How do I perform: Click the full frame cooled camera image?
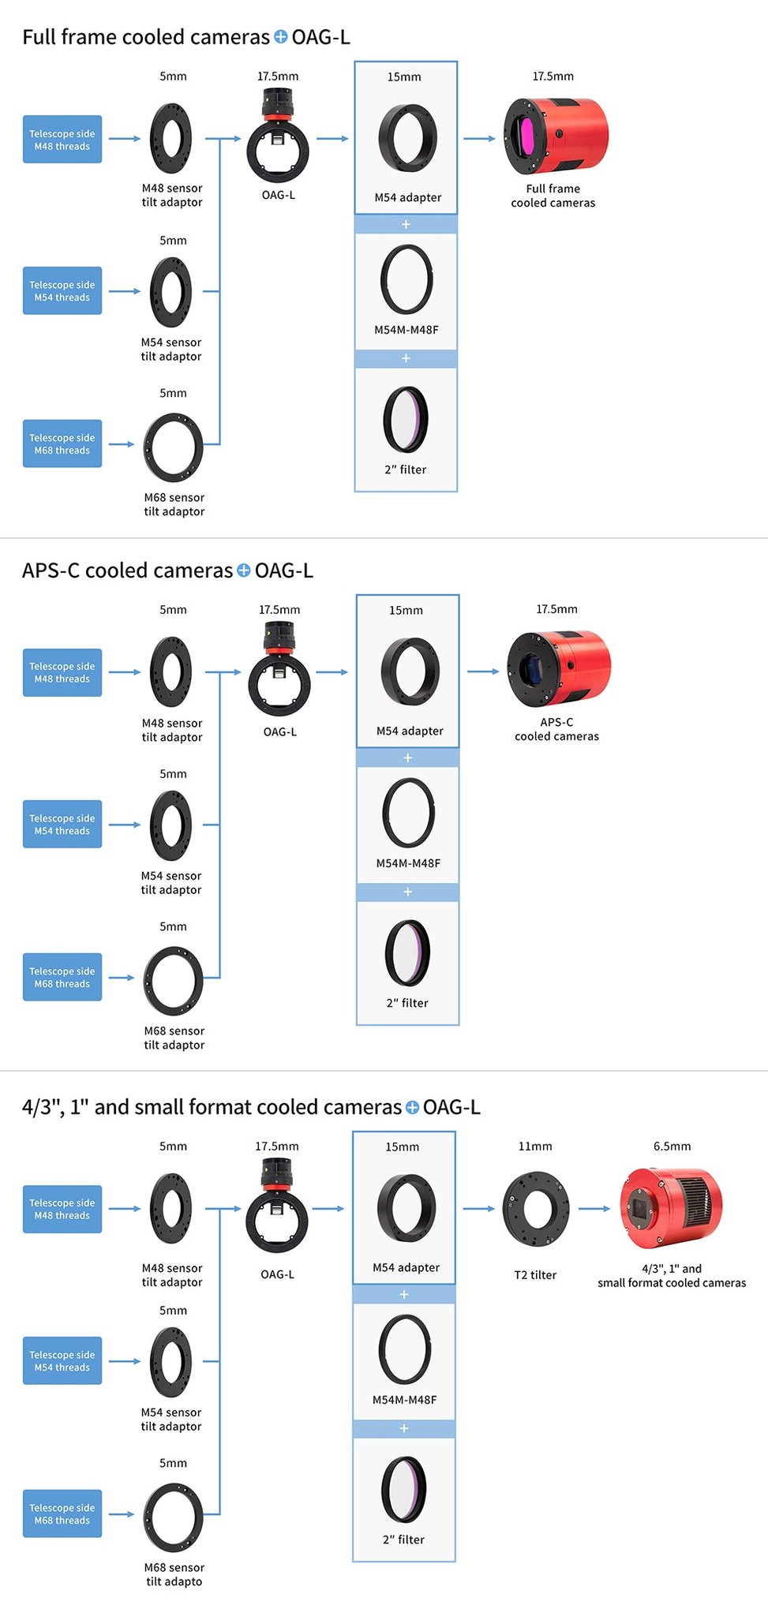pyautogui.click(x=556, y=136)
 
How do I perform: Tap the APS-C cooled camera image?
pyautogui.click(x=558, y=668)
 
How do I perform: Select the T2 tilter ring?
pyautogui.click(x=536, y=1208)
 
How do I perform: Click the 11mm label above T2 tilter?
pyautogui.click(x=535, y=1146)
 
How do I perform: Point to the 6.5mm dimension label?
pyautogui.click(x=672, y=1146)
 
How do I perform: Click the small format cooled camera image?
pyautogui.click(x=671, y=1207)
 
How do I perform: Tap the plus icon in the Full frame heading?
pyautogui.click(x=280, y=36)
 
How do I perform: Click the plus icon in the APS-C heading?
pyautogui.click(x=243, y=570)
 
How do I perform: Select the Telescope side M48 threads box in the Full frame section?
pyautogui.click(x=62, y=140)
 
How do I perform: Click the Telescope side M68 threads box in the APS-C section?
pyautogui.click(x=62, y=977)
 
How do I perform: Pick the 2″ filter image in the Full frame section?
pyautogui.click(x=406, y=420)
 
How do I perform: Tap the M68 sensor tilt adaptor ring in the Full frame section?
pyautogui.click(x=174, y=447)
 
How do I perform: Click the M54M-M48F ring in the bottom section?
pyautogui.click(x=405, y=1349)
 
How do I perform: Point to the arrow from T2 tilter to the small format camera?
pyautogui.click(x=594, y=1208)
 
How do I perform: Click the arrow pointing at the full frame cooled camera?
pyautogui.click(x=479, y=138)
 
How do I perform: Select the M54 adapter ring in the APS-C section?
pyautogui.click(x=409, y=671)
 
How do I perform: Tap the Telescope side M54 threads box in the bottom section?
pyautogui.click(x=62, y=1360)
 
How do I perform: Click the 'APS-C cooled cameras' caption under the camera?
pyautogui.click(x=556, y=729)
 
